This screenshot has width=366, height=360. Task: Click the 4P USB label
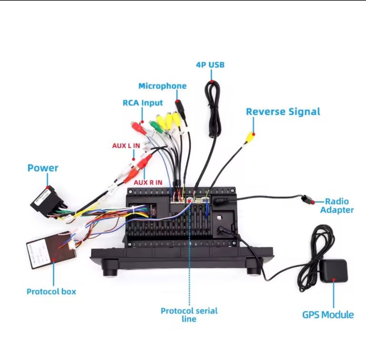point(210,65)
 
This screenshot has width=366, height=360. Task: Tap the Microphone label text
point(162,86)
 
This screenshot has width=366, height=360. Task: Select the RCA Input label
point(142,103)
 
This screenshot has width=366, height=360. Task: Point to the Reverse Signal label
point(283,112)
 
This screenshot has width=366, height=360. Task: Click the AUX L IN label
point(126,145)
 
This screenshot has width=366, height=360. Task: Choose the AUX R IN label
point(148,182)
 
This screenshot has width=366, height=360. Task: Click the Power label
point(42,168)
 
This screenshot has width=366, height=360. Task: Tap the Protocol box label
point(51,291)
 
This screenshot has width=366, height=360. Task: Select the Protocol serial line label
point(189,315)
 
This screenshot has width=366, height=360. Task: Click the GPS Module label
point(328,315)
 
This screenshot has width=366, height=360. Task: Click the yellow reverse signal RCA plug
point(250,137)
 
